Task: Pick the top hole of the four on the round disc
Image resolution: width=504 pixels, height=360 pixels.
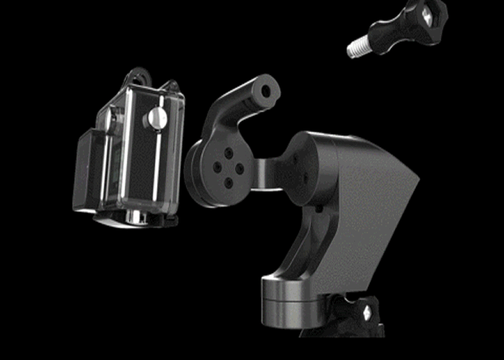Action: (228, 153)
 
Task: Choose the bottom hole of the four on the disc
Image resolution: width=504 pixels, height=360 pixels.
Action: (228, 183)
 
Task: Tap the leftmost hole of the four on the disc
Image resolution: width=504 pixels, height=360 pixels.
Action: (217, 166)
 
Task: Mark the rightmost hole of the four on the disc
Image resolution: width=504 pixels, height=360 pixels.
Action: (240, 170)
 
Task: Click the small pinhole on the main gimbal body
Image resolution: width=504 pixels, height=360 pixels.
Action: (318, 209)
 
